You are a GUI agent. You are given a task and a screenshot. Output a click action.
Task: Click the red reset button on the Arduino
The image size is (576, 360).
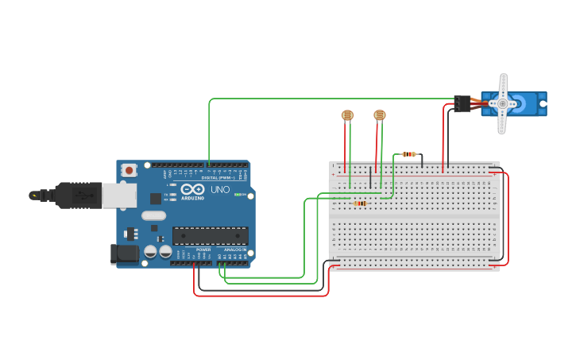click(x=129, y=170)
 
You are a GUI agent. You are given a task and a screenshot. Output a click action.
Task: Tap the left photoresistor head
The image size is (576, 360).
click(x=347, y=115)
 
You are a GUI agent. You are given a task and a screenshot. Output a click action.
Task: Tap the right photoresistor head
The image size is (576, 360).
click(x=380, y=115)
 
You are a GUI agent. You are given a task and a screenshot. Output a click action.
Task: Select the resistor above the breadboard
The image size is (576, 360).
click(x=409, y=154)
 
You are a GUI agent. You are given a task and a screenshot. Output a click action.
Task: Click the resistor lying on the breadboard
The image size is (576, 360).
click(x=360, y=203)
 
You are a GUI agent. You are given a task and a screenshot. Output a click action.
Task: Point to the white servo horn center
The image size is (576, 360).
click(x=502, y=103)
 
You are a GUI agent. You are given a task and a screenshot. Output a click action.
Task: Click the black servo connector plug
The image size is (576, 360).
click(x=462, y=103)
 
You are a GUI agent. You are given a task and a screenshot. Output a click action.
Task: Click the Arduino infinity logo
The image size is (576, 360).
click(x=191, y=190)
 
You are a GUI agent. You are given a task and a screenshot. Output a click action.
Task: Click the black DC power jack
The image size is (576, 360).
click(x=123, y=254)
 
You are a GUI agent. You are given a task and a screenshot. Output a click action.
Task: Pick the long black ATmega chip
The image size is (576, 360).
click(x=211, y=236)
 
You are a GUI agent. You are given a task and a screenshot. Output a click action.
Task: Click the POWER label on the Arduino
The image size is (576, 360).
click(x=203, y=249)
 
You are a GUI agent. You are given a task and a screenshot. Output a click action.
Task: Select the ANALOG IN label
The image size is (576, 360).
click(x=234, y=249)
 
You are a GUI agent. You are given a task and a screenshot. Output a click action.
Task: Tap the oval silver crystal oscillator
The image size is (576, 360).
click(x=153, y=215)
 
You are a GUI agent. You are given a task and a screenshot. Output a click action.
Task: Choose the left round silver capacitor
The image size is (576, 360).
click(x=150, y=252)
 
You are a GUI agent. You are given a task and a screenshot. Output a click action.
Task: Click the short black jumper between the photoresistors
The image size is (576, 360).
click(x=369, y=176)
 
